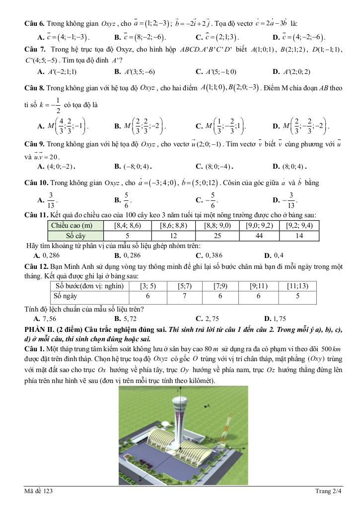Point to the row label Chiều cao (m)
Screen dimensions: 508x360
click(x=75, y=225)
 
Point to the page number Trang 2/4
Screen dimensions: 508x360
click(x=329, y=491)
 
